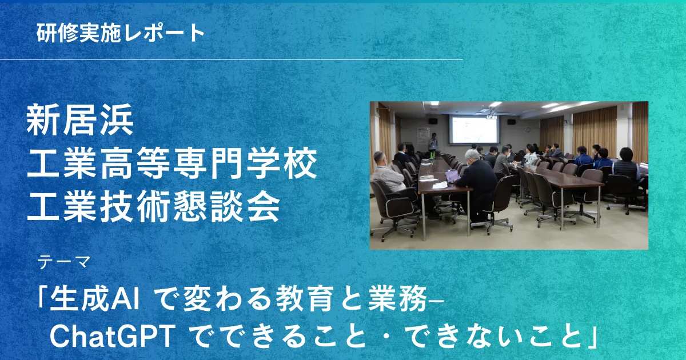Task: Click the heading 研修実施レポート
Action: click(121, 33)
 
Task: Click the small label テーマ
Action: click(63, 263)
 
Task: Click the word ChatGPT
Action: click(113, 337)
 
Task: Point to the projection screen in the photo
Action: click(474, 130)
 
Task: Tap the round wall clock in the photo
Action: click(528, 130)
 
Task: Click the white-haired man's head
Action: click(473, 157)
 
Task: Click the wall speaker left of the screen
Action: click(433, 122)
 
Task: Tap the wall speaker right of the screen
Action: click(511, 122)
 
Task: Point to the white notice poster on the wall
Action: click(423, 135)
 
